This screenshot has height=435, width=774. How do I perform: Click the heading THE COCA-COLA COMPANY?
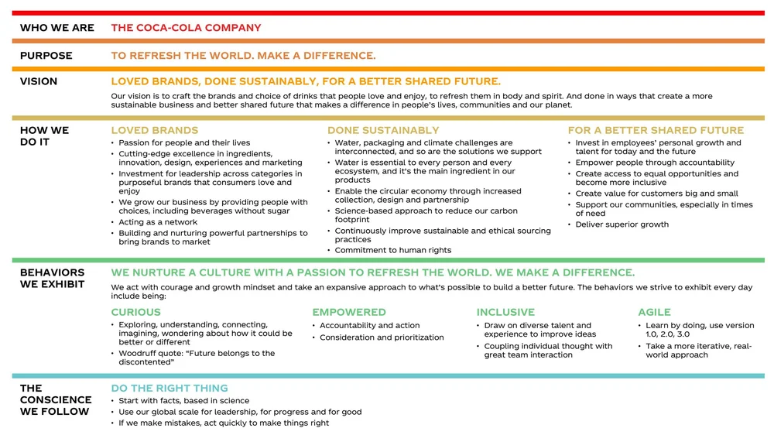point(186,28)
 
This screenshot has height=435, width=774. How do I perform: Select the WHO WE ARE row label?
point(57,28)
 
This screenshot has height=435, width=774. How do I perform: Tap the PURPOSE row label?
point(46,56)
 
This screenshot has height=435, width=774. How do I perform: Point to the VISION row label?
point(39,81)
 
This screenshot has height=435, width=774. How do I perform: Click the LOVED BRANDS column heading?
point(155,130)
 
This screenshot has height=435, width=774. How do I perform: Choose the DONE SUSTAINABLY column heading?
point(383,130)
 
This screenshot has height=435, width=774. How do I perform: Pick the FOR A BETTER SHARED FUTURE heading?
point(656,130)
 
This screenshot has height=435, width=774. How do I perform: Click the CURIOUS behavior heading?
point(136,312)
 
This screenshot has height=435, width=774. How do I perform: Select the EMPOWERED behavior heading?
point(349,312)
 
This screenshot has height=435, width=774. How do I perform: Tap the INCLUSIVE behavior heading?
point(505,312)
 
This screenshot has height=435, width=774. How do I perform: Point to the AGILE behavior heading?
point(654,312)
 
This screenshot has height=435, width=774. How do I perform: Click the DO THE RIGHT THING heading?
point(170,388)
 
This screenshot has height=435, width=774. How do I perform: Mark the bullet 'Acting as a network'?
point(158,222)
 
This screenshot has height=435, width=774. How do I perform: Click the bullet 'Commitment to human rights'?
point(393,250)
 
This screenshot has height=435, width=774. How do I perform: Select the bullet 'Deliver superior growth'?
point(622,224)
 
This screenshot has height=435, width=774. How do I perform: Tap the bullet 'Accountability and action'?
point(370,326)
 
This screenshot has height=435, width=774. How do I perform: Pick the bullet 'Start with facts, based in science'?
point(184,401)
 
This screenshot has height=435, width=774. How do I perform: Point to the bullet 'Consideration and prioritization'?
point(382,337)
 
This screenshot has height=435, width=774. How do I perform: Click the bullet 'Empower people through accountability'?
point(655,163)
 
